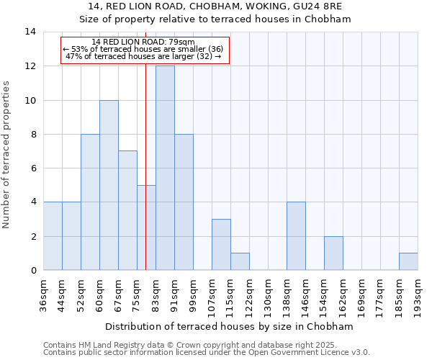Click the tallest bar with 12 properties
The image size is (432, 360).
(x=165, y=168)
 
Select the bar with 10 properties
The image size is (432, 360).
(x=109, y=185)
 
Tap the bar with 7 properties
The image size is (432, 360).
(x=127, y=210)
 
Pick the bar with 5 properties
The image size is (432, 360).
(x=146, y=228)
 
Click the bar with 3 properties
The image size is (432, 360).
(x=221, y=245)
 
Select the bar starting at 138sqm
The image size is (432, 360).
(x=296, y=236)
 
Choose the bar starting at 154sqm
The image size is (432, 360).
(x=333, y=253)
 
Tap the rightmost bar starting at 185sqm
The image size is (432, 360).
(x=408, y=262)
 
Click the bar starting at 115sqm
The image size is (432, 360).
(x=240, y=262)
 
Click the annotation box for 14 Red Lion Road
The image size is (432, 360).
(x=145, y=50)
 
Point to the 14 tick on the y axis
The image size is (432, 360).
(x=30, y=32)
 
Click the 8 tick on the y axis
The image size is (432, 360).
(x=33, y=135)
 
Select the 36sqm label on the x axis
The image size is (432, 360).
(x=43, y=294)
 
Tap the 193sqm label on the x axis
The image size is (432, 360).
(x=418, y=296)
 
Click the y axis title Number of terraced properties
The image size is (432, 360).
(x=7, y=155)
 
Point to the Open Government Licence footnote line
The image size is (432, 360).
(x=207, y=353)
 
